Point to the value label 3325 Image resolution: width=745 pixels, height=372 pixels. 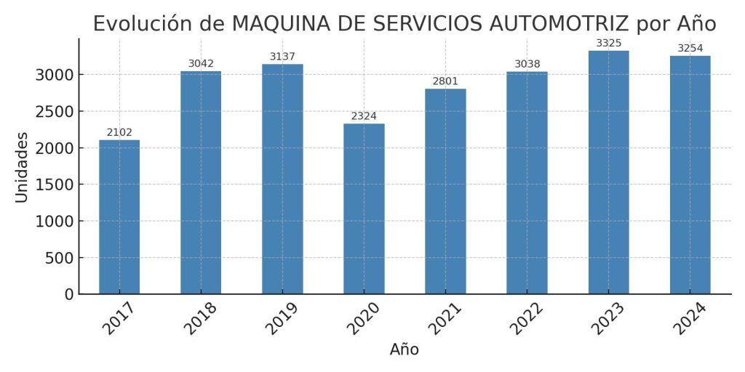tap(608, 44)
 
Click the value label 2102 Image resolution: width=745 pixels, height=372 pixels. tap(119, 132)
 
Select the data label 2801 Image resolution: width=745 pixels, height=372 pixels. tap(445, 81)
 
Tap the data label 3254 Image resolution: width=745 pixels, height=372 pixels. tap(690, 49)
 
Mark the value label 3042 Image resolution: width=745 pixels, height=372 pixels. tap(201, 64)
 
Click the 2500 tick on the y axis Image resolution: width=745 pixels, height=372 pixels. tap(55, 112)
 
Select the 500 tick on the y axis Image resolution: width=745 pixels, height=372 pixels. tap(59, 258)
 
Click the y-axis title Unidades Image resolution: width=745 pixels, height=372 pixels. tap(22, 166)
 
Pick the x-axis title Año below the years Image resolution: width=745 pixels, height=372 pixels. tap(405, 349)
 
